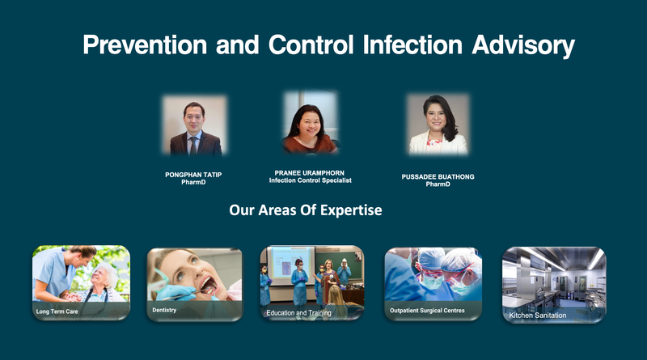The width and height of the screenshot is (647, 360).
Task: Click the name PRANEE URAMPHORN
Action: pyautogui.click(x=310, y=172)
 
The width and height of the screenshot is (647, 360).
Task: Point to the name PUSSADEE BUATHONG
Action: pyautogui.click(x=438, y=176)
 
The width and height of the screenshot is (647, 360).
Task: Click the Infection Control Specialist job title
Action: pyautogui.click(x=310, y=180)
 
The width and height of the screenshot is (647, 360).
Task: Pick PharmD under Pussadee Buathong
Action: pyautogui.click(x=438, y=184)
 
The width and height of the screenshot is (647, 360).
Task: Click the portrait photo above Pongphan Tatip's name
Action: pyautogui.click(x=195, y=126)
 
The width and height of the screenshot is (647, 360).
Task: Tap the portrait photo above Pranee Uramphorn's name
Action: pyautogui.click(x=310, y=122)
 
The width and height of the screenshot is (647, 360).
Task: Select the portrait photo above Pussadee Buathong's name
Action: pyautogui.click(x=438, y=125)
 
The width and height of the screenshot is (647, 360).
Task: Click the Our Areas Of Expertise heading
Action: pyautogui.click(x=305, y=210)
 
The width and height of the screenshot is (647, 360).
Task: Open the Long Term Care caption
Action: pyautogui.click(x=57, y=311)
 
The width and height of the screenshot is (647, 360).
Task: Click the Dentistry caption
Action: pyautogui.click(x=164, y=310)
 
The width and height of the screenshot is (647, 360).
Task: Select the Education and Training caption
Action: pyautogui.click(x=299, y=312)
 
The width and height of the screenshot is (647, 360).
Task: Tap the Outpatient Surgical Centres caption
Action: pyautogui.click(x=427, y=311)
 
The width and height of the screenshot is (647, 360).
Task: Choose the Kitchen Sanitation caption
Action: pyautogui.click(x=538, y=315)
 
